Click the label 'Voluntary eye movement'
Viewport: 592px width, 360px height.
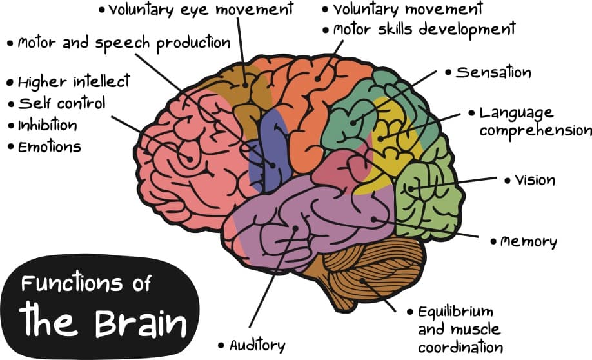201,10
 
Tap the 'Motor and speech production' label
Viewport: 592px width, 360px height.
123,43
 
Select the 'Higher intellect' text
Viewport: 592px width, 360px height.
74,82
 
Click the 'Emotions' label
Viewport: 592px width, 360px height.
50,146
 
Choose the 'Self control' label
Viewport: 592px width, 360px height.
61,103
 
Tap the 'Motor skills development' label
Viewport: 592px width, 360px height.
424,29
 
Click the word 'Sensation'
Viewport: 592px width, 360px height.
493,72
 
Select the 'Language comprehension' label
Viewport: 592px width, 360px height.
535,122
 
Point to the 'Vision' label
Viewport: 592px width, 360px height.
535,180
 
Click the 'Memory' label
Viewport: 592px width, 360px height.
528,242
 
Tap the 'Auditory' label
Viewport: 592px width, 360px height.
257,345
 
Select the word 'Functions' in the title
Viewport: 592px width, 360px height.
67,284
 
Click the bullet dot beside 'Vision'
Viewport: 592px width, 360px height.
507,181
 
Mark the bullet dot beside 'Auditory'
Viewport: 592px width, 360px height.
222,345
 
